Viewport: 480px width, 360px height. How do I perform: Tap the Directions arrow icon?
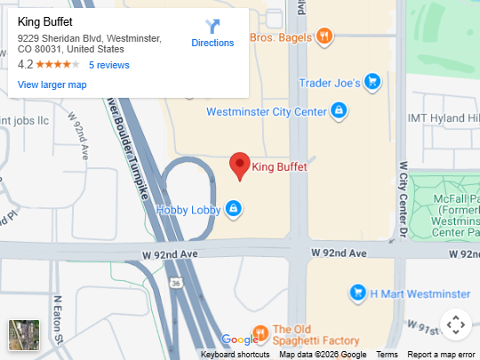[x=212, y=27]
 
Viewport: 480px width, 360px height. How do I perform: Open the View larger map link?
[x=52, y=84]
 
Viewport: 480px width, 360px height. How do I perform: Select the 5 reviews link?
[x=109, y=65]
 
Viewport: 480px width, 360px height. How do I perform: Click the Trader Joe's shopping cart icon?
[x=373, y=83]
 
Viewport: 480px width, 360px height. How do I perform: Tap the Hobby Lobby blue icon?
[x=233, y=209]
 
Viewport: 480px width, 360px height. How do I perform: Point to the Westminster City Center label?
[x=267, y=112]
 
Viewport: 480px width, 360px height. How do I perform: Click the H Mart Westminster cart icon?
[x=357, y=292]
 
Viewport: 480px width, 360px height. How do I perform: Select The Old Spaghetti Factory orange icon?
[x=260, y=334]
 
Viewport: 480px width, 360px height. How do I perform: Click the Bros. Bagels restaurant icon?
[x=325, y=37]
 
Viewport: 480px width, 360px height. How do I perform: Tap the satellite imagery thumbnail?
[x=24, y=335]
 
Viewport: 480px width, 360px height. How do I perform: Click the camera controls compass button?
[x=455, y=324]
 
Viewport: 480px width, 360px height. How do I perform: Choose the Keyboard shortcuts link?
[x=236, y=355]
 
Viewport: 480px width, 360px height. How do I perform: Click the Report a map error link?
[x=441, y=355]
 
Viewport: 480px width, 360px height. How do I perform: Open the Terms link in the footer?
[x=387, y=355]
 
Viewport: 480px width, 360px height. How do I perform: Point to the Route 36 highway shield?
[x=177, y=283]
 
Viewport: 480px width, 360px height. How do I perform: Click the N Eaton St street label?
[x=58, y=319]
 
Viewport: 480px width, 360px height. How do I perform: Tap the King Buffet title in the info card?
[x=45, y=22]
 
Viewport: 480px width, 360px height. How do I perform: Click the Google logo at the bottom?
[x=239, y=340]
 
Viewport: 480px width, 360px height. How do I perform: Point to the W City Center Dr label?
[x=403, y=200]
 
